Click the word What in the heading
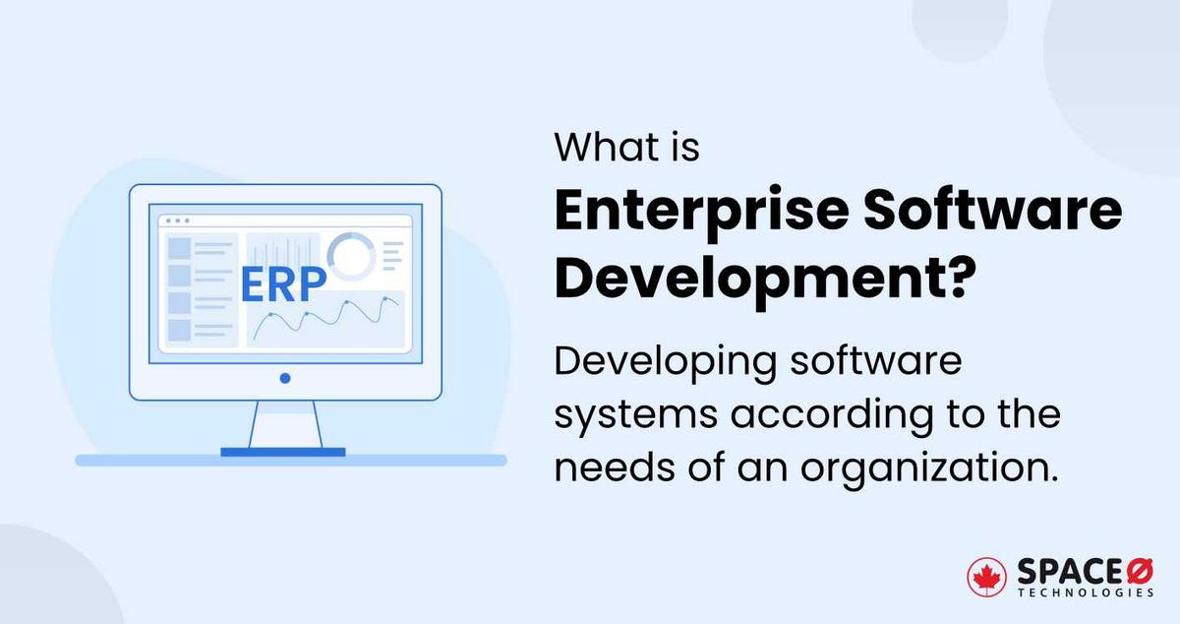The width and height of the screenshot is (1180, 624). tap(599, 148)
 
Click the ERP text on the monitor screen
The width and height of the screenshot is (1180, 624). tap(283, 282)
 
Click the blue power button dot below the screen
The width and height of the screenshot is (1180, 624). tap(284, 377)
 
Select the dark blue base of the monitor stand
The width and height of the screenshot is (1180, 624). tap(283, 452)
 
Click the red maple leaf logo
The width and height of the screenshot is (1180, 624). tap(986, 578)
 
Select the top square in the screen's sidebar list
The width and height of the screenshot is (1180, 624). tap(179, 246)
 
